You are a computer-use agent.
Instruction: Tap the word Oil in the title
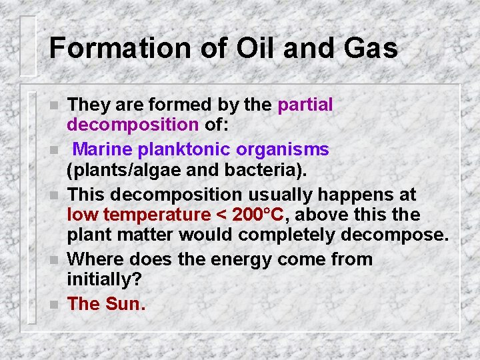pos(247,49)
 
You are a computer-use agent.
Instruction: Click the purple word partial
pos(305,105)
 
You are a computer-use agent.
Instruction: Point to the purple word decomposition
pos(133,125)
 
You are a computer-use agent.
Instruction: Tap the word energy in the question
pos(235,259)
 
